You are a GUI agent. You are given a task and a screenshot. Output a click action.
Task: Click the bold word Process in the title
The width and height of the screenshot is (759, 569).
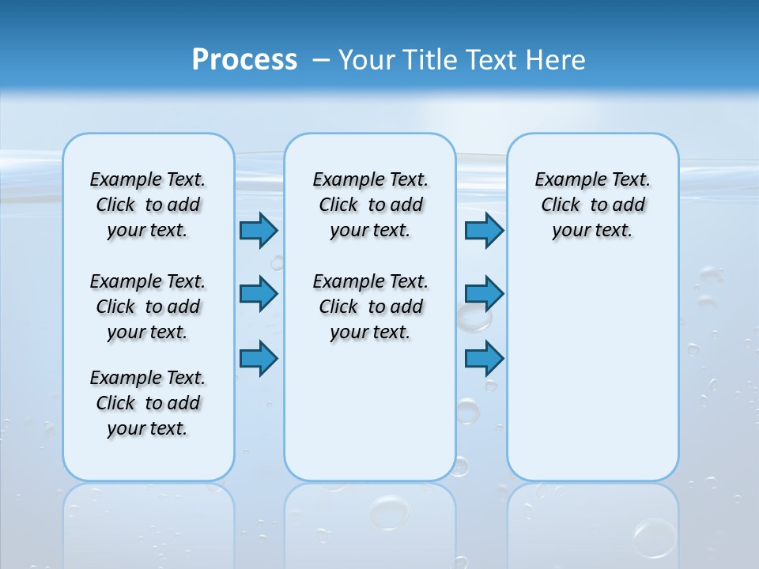point(244,60)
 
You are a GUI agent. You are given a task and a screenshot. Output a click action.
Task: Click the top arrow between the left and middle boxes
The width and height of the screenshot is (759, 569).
point(259,231)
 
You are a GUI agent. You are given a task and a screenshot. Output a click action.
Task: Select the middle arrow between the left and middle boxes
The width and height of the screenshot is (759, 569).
point(259,294)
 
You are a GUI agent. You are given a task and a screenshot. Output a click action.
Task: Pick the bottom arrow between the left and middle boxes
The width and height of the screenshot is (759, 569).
point(259,358)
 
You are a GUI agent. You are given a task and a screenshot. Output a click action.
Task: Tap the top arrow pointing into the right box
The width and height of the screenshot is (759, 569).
point(484,231)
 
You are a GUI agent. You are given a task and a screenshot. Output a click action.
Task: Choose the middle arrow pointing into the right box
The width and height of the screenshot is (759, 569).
point(484,294)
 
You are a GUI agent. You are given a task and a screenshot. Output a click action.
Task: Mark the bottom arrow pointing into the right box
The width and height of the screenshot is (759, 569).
point(484,358)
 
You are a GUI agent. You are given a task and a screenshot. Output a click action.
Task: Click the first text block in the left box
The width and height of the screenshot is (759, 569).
point(148,205)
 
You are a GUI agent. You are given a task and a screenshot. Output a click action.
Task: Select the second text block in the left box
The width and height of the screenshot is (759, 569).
point(148,307)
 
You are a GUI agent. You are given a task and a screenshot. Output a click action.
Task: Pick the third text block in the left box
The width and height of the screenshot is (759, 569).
point(148,403)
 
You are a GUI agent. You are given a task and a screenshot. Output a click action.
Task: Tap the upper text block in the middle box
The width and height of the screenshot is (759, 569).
point(370,205)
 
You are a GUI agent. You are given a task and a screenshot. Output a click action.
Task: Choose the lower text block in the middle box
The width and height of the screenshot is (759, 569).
point(370,307)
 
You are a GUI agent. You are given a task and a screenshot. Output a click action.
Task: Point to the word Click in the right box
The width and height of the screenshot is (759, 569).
point(561,205)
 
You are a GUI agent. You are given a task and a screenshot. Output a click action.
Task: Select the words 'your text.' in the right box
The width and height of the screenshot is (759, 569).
point(592,231)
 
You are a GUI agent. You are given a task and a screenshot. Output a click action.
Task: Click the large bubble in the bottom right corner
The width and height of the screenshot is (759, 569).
point(655,538)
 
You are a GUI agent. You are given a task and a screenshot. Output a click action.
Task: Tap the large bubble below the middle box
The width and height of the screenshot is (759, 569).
point(390,511)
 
